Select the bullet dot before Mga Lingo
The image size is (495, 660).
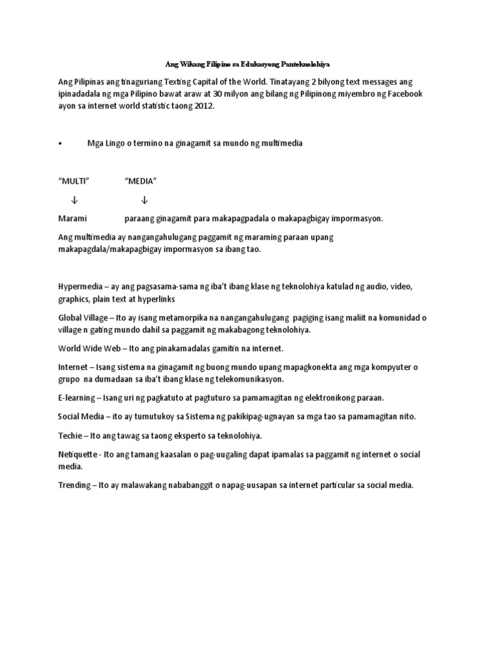pyautogui.click(x=60, y=144)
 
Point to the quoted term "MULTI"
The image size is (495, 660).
pyautogui.click(x=73, y=182)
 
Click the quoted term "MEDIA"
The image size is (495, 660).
pyautogui.click(x=141, y=182)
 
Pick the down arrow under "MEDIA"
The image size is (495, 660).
pyautogui.click(x=144, y=200)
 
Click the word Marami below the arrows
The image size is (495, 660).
pyautogui.click(x=72, y=218)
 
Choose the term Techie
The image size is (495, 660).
pyautogui.click(x=70, y=435)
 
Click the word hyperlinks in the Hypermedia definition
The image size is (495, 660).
pyautogui.click(x=155, y=299)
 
